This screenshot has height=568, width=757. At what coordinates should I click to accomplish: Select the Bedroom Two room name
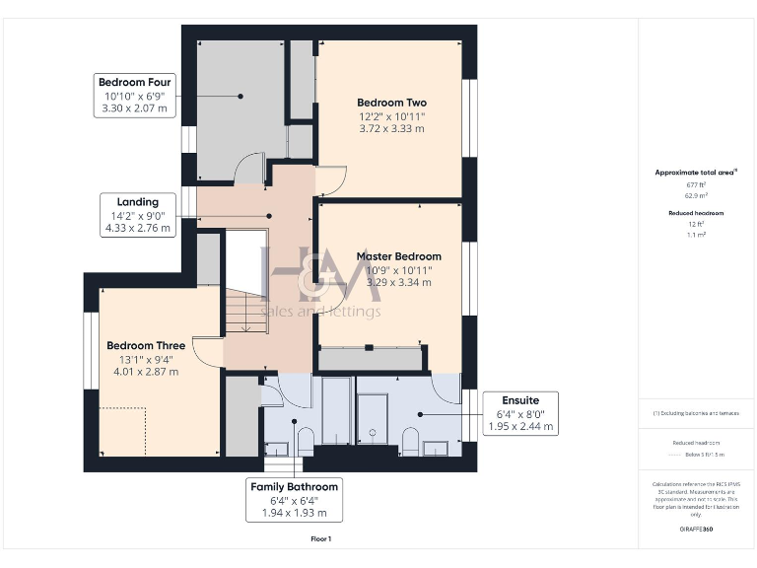[x=391, y=103]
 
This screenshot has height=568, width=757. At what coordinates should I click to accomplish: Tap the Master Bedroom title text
[x=398, y=256]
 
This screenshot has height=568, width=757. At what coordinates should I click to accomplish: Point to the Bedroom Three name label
[x=146, y=346]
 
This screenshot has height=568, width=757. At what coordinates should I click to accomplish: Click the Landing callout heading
[x=137, y=200]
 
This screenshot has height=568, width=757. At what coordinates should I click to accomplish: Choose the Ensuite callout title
[x=520, y=400]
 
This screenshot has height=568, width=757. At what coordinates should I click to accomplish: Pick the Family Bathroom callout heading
[x=294, y=487]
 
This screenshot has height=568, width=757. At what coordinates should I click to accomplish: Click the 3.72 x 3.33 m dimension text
[x=391, y=128]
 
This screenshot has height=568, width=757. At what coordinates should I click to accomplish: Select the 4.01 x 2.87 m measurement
[x=146, y=372]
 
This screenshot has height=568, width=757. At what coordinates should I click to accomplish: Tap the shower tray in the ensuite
[x=373, y=419]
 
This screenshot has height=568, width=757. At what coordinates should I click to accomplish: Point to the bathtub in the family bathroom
[x=336, y=414]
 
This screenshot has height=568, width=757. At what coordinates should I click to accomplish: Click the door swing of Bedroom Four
[x=250, y=170]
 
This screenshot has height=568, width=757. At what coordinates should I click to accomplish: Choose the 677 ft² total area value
[x=697, y=184]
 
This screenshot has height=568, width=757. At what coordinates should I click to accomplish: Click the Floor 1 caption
[x=320, y=538]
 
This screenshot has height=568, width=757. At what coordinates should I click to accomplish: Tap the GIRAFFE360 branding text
[x=697, y=530]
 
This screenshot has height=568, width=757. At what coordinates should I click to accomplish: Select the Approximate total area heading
[x=696, y=172]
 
